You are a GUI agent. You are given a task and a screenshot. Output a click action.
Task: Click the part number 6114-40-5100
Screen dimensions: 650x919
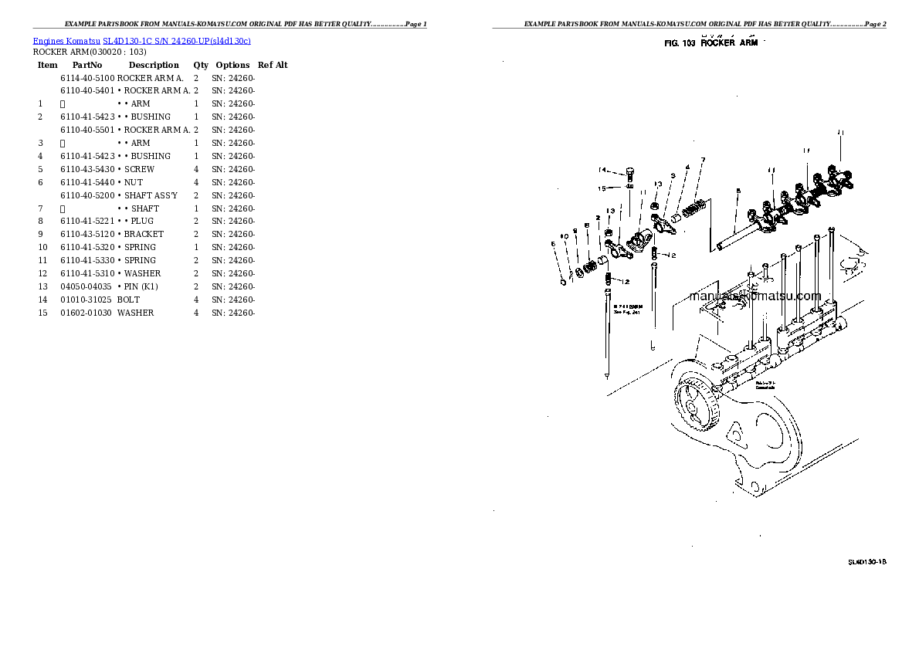(x=87, y=78)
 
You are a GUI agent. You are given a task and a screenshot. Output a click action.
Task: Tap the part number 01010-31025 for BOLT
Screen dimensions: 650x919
(x=87, y=300)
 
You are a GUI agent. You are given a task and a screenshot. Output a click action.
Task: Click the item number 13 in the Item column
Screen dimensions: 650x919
(x=42, y=286)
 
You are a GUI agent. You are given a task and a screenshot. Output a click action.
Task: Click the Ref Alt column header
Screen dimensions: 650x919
(x=273, y=66)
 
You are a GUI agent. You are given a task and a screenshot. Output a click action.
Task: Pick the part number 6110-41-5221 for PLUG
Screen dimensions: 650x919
(x=87, y=221)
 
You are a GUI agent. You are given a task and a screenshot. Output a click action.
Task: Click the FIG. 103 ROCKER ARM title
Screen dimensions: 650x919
(x=710, y=43)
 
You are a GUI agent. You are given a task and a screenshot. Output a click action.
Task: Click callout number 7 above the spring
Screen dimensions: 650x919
(x=703, y=160)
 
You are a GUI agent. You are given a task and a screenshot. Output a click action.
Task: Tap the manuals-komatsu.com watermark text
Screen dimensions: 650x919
(x=755, y=296)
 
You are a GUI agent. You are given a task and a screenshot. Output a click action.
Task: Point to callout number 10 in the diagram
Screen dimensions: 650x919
(x=565, y=236)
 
